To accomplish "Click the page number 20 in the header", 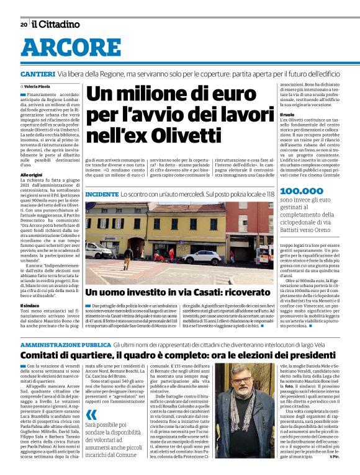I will pos(24,24).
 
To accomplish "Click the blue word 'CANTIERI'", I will pos(38,74).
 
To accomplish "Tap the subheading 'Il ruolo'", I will pos(287,115).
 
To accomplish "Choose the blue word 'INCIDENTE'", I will pos(102,194).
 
